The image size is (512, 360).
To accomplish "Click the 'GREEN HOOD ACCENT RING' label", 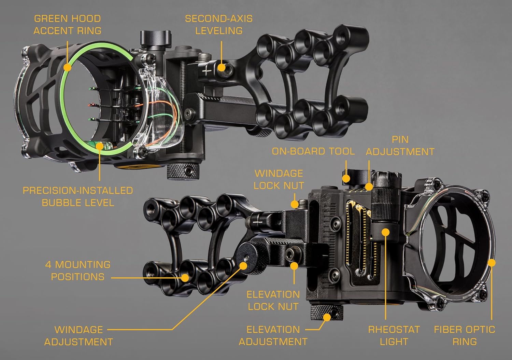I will click(x=67, y=24).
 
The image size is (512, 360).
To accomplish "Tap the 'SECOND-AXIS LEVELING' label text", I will click(x=219, y=24).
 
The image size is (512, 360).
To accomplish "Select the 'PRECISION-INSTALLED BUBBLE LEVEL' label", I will click(x=78, y=196).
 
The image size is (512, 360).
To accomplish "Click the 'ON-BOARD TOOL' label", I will click(x=313, y=151).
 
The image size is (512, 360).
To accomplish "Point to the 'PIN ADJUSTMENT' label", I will click(x=400, y=146).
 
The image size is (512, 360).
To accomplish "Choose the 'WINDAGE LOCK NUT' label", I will click(x=279, y=179).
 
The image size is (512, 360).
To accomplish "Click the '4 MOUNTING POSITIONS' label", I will click(x=78, y=271).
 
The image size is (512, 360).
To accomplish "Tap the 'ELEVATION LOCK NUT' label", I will click(x=273, y=300).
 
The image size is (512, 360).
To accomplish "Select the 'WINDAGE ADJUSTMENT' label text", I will click(x=79, y=335).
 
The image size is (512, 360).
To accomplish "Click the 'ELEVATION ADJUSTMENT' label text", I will click(x=273, y=335).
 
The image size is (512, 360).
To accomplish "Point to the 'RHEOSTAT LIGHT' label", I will click(x=394, y=335).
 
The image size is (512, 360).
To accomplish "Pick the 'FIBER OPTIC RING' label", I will click(x=464, y=335).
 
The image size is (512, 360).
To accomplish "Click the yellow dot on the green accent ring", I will click(x=68, y=67).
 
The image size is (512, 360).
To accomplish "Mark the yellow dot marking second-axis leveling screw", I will click(x=222, y=67).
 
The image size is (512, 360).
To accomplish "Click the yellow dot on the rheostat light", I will click(x=385, y=232).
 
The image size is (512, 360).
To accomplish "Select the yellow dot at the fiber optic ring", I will click(x=492, y=262).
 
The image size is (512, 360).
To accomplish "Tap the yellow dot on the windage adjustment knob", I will click(x=243, y=265).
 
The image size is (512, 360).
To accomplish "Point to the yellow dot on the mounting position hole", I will click(x=185, y=277).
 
